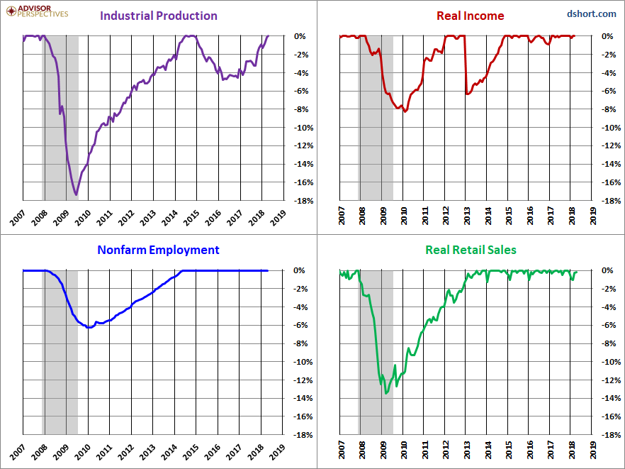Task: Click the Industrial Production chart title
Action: [159, 16]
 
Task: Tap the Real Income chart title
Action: [471, 16]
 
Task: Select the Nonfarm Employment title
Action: [158, 250]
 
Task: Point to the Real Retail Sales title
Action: [471, 250]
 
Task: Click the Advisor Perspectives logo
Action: [37, 11]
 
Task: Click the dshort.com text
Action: [592, 14]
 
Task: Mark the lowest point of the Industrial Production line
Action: [76, 194]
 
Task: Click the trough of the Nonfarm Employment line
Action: [89, 327]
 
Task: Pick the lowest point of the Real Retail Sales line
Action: [385, 394]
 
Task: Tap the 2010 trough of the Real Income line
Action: [405, 111]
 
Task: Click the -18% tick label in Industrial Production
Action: [303, 201]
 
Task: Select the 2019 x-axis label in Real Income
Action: [592, 216]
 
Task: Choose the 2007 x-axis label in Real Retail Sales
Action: [342, 450]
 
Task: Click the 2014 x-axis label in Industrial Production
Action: [169, 219]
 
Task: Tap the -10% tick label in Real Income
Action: [611, 128]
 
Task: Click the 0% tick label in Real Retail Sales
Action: [607, 270]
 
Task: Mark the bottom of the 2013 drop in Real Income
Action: [467, 94]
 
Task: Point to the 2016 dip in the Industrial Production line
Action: [223, 79]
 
